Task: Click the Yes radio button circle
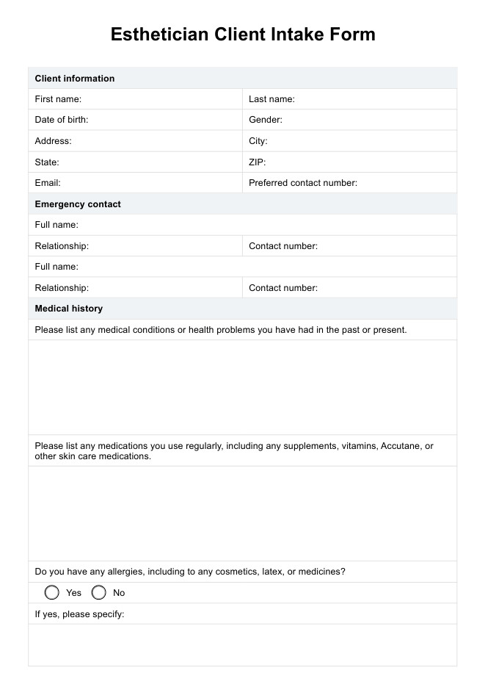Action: click(52, 593)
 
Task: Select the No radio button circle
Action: click(99, 593)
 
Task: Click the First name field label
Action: click(58, 99)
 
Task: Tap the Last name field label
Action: click(271, 99)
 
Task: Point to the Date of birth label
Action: click(62, 120)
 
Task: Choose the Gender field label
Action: click(266, 120)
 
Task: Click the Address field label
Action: click(54, 141)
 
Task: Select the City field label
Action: click(258, 141)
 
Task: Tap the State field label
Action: click(48, 162)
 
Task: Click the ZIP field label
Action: click(258, 162)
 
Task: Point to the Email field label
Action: click(48, 183)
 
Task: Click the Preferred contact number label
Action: click(303, 183)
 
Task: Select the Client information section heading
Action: click(75, 79)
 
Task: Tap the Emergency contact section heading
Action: click(78, 204)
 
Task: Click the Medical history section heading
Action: click(69, 309)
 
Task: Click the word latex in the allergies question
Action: click(274, 572)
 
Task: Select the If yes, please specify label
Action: click(79, 614)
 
